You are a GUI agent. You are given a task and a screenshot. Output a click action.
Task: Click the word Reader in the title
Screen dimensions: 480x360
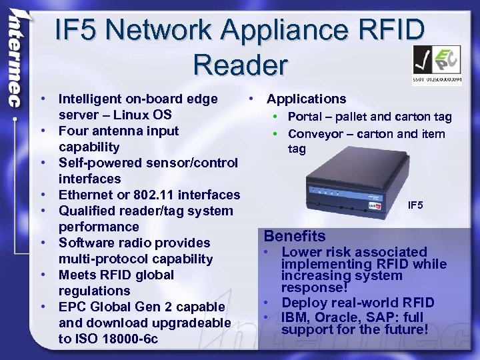pos(241,65)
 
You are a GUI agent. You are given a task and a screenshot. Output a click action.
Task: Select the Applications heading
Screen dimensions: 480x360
pos(306,99)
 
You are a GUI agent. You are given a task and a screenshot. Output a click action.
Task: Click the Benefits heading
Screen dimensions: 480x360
pos(295,236)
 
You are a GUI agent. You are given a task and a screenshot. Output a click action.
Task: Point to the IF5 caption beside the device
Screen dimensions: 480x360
pos(415,205)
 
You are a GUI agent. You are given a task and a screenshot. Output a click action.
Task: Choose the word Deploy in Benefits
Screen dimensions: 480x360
pos(305,303)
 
